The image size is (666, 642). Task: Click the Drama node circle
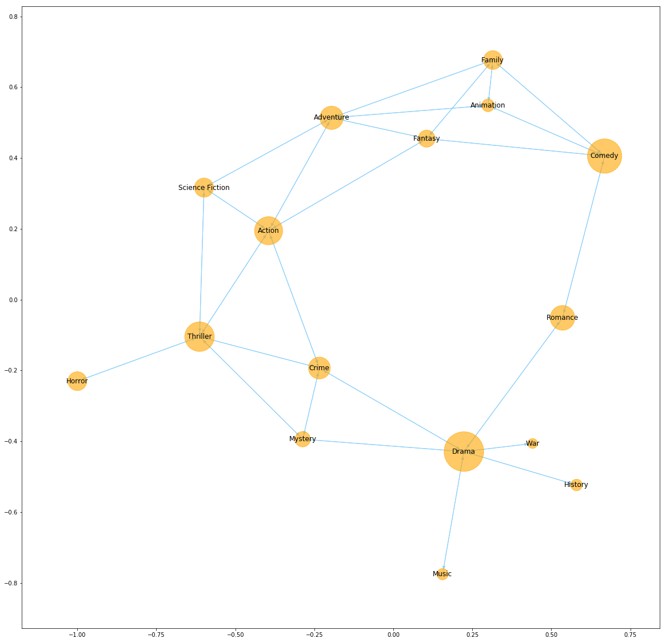(464, 451)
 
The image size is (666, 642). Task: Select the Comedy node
(604, 156)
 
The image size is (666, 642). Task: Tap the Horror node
(77, 381)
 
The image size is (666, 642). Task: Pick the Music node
(442, 574)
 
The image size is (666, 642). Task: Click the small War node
(532, 443)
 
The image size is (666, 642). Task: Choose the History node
(576, 485)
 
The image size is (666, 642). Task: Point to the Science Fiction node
(204, 187)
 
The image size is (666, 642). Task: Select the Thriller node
(200, 336)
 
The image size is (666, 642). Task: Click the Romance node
(562, 318)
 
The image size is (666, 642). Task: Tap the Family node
(492, 60)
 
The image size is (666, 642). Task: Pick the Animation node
(488, 105)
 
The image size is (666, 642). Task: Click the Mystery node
(302, 439)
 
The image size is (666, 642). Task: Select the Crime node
(319, 368)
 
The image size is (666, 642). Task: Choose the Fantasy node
(426, 138)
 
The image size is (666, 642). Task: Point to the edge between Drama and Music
(453, 513)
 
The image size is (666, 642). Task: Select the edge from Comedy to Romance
(583, 236)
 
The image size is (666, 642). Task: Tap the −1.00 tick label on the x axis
(77, 635)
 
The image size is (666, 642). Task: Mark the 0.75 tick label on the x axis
(629, 635)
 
